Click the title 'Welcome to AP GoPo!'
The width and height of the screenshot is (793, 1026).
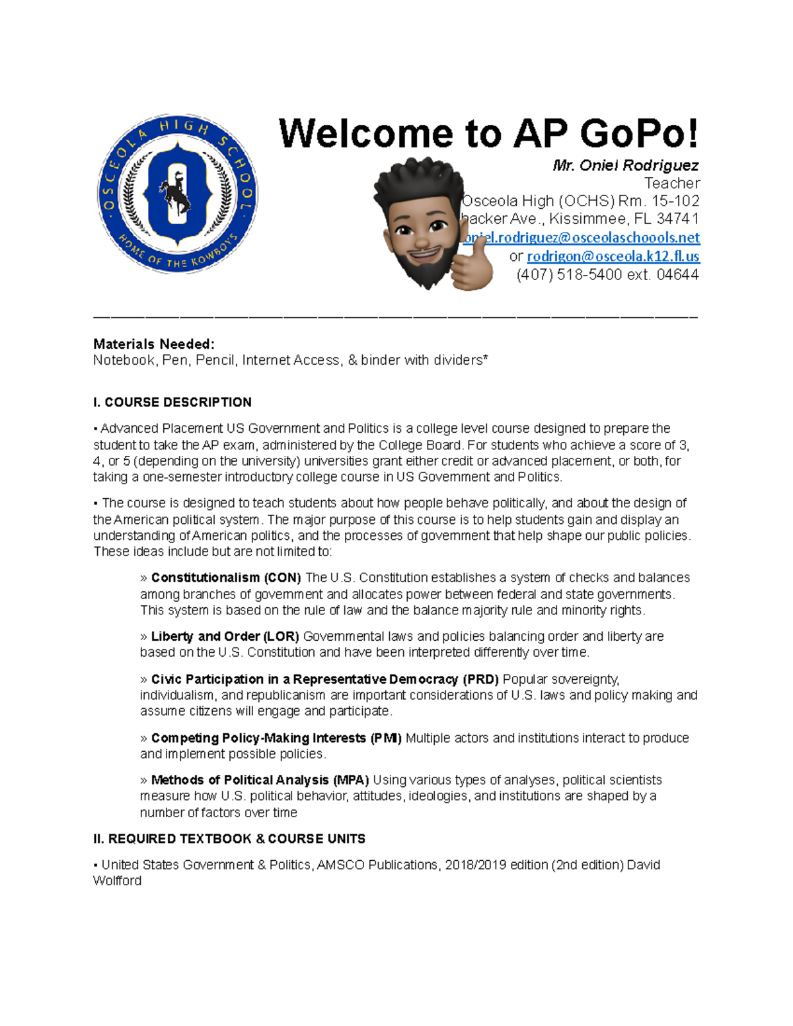coord(488,134)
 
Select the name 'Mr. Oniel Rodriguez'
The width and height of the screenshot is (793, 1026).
coord(625,165)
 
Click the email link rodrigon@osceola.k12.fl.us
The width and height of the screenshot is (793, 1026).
coord(613,256)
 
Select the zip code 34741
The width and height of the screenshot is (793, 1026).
coord(677,219)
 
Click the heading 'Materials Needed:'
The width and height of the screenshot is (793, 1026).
coord(153,344)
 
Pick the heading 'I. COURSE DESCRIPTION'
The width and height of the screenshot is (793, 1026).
coord(172,402)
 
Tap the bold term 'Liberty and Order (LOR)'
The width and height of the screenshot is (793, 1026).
coord(225,636)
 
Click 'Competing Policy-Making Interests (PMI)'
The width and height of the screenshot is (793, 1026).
coord(276,738)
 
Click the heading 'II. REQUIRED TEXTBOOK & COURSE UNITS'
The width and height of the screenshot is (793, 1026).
coord(229,839)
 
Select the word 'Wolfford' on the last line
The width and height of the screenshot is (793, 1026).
coord(117,881)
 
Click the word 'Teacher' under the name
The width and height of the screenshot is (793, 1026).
coord(671,183)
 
